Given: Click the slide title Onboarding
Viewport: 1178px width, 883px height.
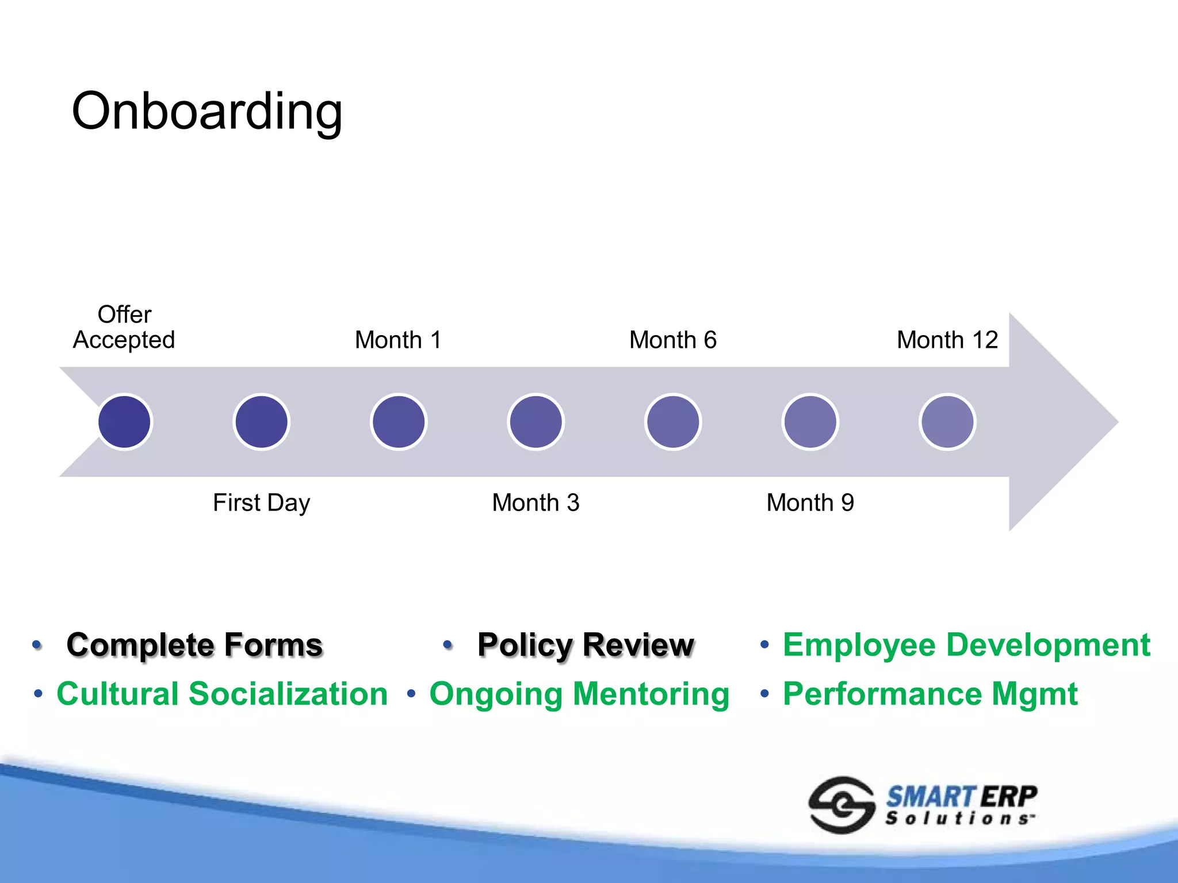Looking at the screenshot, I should (207, 111).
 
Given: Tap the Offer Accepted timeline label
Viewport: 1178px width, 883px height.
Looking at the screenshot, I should (124, 328).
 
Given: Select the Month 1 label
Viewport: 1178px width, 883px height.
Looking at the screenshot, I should (398, 340).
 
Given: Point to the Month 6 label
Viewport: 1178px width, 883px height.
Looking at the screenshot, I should (672, 340).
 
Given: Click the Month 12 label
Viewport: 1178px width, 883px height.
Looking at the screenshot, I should (947, 340).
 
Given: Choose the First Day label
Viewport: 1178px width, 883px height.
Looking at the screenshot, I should (261, 503).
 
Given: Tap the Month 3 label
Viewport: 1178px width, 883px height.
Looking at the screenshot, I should (536, 503).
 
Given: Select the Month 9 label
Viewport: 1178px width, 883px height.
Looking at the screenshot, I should (810, 503).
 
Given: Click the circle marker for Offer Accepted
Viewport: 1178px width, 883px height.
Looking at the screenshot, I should (124, 422).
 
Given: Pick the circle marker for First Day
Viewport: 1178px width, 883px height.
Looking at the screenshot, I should (261, 422).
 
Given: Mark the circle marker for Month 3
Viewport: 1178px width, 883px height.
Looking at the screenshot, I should (536, 422).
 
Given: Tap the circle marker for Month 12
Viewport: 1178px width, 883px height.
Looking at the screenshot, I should (947, 422).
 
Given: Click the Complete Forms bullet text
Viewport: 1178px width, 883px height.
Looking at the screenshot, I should (194, 644).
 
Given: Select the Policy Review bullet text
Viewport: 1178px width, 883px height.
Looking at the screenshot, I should (586, 644).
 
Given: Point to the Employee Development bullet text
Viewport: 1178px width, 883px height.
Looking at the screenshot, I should (966, 644).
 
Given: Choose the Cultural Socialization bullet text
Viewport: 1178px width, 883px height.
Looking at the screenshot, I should (222, 694).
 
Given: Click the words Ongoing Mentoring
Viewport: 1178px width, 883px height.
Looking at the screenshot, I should (579, 694).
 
